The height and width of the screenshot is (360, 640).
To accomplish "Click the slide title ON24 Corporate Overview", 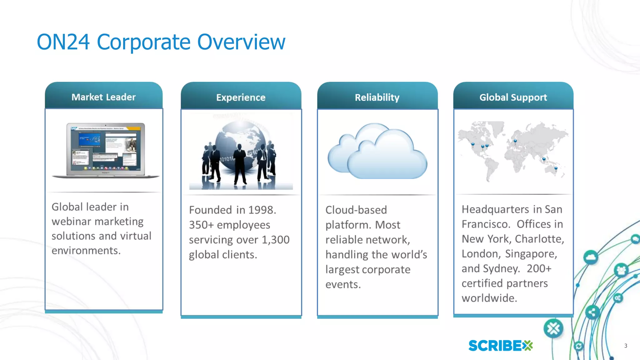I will click(161, 42).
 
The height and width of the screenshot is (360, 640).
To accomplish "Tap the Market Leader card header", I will click(103, 97).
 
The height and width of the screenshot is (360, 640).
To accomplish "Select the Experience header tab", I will click(241, 97).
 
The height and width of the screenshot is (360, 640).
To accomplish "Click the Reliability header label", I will click(377, 97).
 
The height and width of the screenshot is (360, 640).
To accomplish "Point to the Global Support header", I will click(513, 97).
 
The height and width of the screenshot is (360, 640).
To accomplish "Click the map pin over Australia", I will click(556, 168).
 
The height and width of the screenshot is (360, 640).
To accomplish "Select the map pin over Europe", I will click(515, 141).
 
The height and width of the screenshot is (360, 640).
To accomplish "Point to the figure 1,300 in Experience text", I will click(275, 240).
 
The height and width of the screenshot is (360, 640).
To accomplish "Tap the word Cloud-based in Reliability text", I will click(356, 210).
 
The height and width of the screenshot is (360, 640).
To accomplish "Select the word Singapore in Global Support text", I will click(531, 254).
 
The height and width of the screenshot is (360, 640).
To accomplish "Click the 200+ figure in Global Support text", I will click(539, 268).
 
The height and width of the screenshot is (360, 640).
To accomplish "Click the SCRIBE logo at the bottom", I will click(500, 346).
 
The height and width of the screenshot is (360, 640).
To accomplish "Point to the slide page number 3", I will click(625, 346).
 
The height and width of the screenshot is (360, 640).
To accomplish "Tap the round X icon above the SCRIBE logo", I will click(553, 328).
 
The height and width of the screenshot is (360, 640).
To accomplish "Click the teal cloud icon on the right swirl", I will click(591, 257).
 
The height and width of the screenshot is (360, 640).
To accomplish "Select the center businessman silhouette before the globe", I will click(240, 166).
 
